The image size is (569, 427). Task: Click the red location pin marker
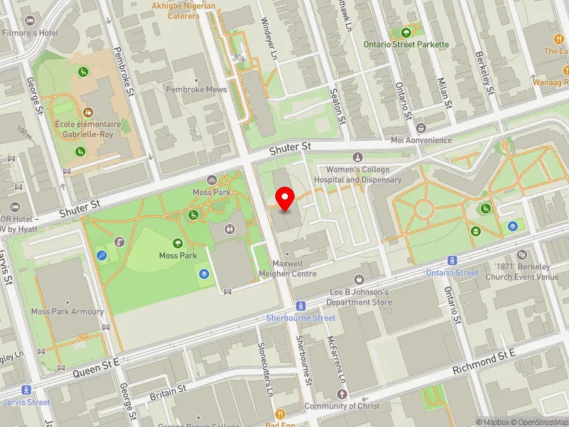click(x=285, y=199)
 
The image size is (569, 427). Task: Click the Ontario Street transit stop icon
click(x=452, y=260)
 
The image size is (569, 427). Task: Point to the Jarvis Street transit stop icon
click(x=27, y=389)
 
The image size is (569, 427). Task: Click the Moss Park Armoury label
click(x=68, y=312)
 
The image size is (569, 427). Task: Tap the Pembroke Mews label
click(x=196, y=90)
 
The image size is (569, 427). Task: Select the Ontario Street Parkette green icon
click(x=406, y=32)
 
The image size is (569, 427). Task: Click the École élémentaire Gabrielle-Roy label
click(x=87, y=129)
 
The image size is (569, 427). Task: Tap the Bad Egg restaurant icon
click(x=280, y=414)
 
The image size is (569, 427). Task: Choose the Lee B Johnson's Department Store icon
click(x=358, y=279)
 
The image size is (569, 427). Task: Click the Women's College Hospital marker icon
click(x=357, y=157)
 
